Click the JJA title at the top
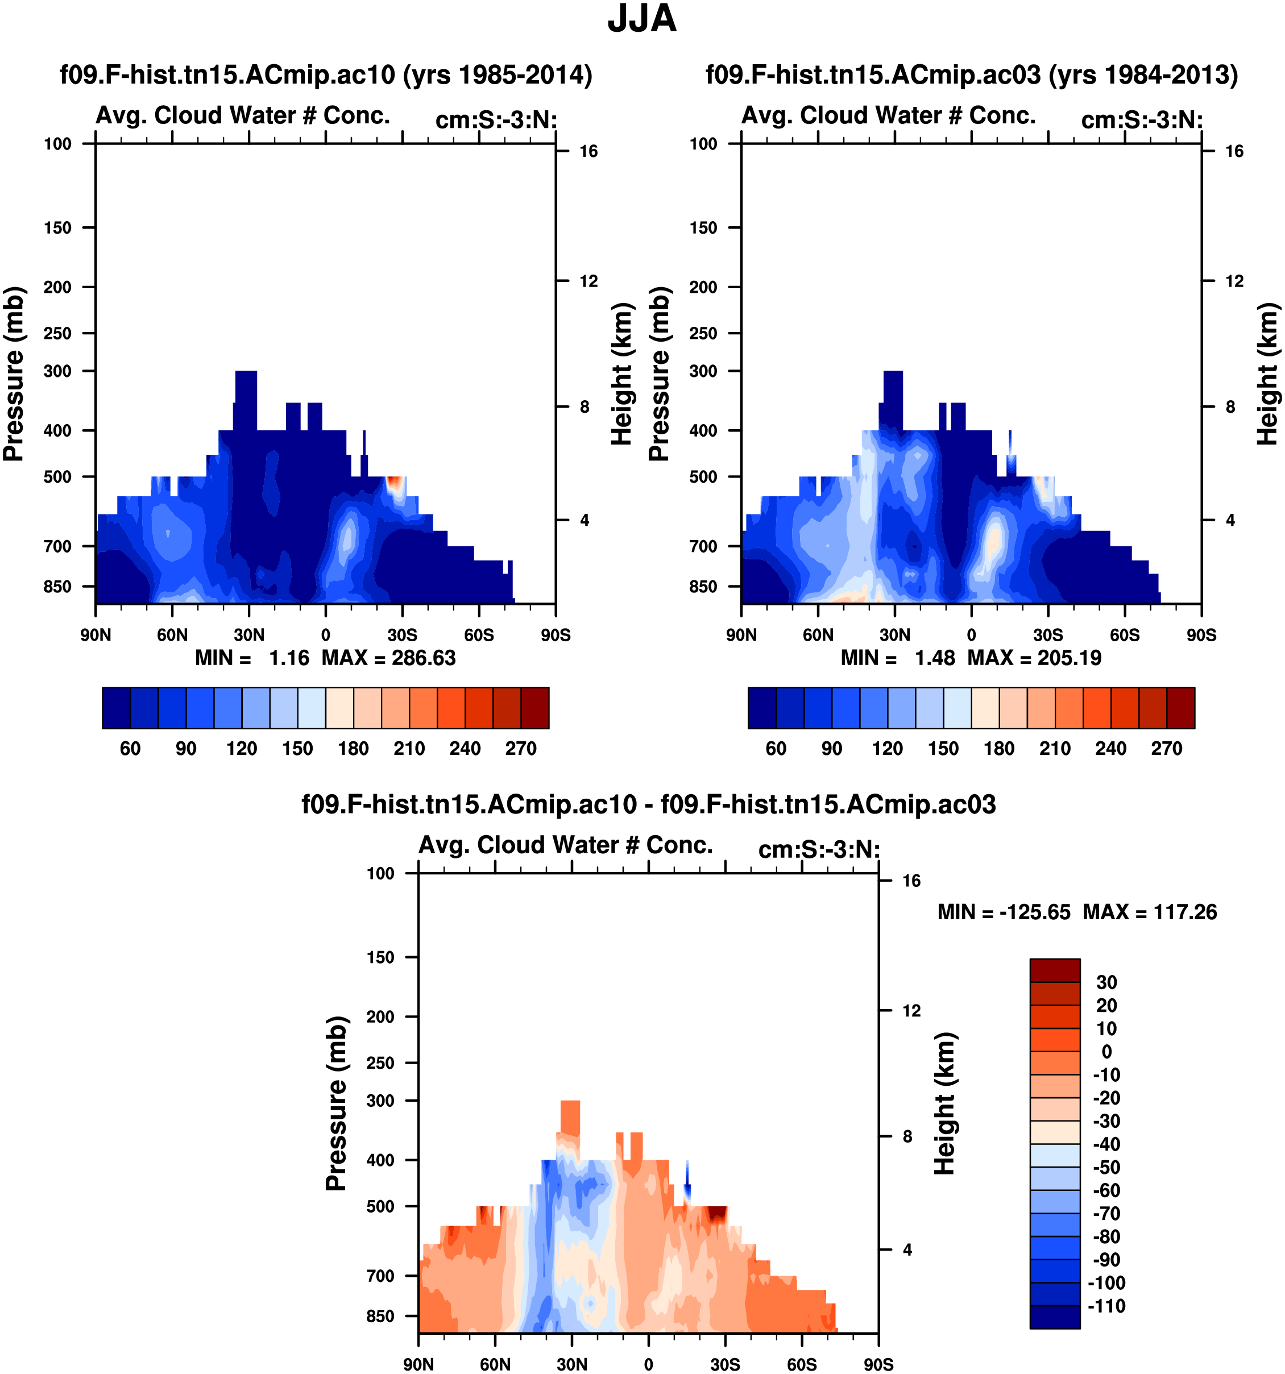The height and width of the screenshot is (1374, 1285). (x=641, y=19)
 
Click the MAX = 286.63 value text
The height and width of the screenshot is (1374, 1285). (x=388, y=658)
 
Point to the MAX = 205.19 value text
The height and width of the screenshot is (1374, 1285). (x=1034, y=658)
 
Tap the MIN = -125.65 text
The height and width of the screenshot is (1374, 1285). (x=1004, y=912)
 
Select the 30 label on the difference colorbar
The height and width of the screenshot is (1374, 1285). (x=1106, y=983)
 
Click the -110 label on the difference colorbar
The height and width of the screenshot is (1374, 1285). (x=1106, y=1306)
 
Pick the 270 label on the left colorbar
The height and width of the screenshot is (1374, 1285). (x=520, y=749)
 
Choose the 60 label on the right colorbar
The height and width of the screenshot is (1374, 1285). (x=776, y=749)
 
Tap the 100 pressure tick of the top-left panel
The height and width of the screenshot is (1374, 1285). (x=57, y=144)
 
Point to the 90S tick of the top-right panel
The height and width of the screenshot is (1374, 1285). (x=1201, y=635)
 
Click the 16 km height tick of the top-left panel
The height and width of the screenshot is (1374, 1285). (x=588, y=151)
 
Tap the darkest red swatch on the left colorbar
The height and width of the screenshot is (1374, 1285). (x=535, y=708)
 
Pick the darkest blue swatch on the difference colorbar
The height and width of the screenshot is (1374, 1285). (x=1055, y=1317)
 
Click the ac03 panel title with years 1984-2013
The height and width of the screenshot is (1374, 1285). (x=971, y=74)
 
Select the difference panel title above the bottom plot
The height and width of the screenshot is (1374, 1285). (x=648, y=804)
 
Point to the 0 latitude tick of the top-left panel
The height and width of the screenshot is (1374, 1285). (x=326, y=635)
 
